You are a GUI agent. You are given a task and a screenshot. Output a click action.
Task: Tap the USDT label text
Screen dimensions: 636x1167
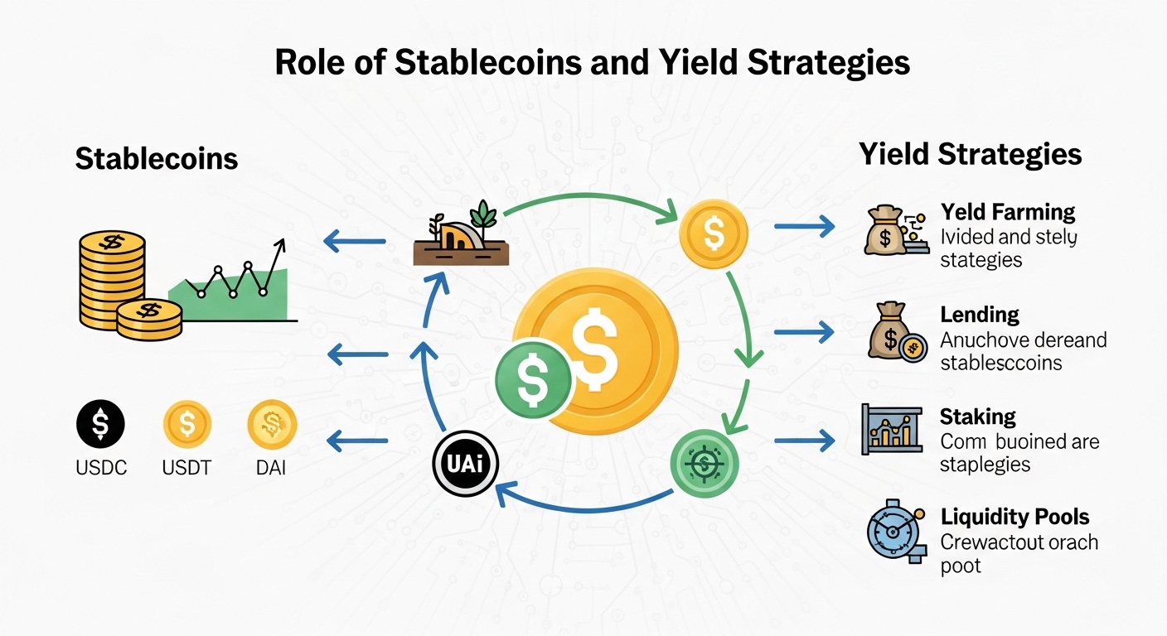tap(186, 468)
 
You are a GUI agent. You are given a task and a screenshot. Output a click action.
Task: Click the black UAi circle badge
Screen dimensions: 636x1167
tap(465, 465)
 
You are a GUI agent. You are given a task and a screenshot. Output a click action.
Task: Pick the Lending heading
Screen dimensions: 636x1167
tap(980, 315)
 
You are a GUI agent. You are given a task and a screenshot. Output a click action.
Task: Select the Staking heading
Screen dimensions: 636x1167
tap(978, 416)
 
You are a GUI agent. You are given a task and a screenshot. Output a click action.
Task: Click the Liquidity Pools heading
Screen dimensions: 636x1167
tap(1014, 518)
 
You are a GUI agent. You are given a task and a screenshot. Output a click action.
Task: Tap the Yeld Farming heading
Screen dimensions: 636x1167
tap(1008, 212)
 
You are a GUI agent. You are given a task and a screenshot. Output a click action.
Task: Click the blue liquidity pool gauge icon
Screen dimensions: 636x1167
tap(892, 531)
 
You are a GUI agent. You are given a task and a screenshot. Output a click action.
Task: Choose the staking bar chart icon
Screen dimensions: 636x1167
tap(891, 428)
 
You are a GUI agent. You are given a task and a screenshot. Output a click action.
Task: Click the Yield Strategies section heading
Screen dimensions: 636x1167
tap(970, 154)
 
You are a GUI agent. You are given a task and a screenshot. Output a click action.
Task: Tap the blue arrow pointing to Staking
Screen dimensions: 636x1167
tap(803, 441)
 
